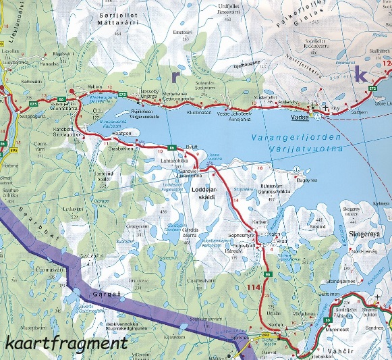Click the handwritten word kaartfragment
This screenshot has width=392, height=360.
pos(65,342)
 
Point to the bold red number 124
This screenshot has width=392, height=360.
pos(387,65)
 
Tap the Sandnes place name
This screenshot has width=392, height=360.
pos(370,326)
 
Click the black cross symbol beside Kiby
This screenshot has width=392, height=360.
pos(326,107)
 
